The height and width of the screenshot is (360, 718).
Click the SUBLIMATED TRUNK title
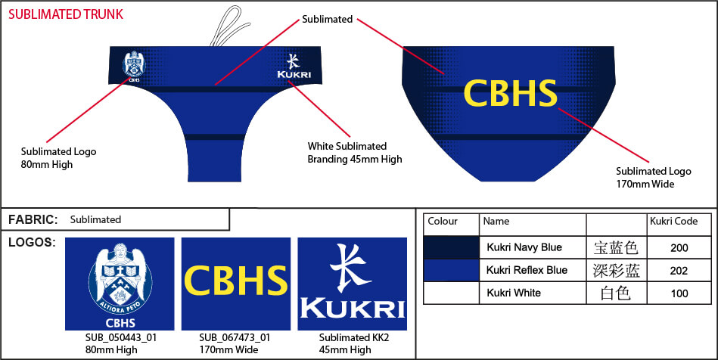click(x=66, y=14)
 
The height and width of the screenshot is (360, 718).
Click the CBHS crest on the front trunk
click(x=134, y=65)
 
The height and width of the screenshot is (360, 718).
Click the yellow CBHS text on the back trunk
click(x=509, y=93)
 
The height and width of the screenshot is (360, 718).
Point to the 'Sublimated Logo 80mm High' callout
click(x=58, y=158)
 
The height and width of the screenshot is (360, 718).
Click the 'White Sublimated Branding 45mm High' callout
click(x=354, y=152)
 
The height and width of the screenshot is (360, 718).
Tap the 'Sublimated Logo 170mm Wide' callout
click(x=653, y=177)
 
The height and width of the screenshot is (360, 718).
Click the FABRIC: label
click(x=33, y=219)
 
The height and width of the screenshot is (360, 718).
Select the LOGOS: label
click(x=31, y=242)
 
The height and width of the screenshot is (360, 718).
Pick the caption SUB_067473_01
click(x=235, y=338)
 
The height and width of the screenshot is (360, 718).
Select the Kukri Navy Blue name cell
click(x=524, y=247)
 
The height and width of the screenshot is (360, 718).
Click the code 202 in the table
click(x=679, y=271)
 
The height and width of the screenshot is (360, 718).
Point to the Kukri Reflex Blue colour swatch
click(x=451, y=270)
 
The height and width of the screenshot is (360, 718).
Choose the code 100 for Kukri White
click(x=679, y=293)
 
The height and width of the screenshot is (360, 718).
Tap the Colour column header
click(x=443, y=222)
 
